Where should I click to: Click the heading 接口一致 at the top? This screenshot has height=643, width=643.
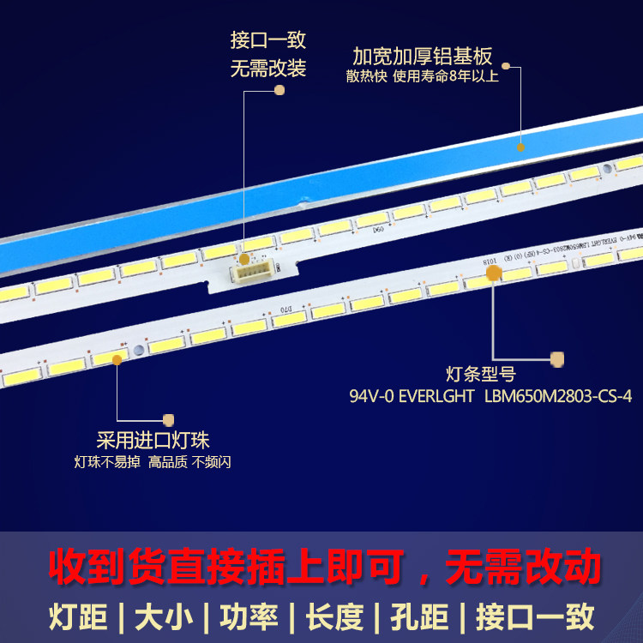point(267,40)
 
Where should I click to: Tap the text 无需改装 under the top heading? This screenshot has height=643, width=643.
point(267,69)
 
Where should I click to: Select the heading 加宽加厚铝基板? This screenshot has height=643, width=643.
point(423,57)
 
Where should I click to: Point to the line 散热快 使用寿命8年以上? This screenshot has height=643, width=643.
point(422,77)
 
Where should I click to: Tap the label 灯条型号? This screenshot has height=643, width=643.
point(481,375)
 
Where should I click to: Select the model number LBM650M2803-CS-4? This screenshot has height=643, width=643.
point(557,397)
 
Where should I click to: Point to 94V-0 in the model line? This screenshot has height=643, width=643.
point(370,397)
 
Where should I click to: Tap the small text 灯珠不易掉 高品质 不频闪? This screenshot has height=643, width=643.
point(153,462)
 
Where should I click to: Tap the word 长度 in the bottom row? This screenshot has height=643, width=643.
point(332,616)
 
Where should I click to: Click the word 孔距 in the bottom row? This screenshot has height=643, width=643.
point(418,616)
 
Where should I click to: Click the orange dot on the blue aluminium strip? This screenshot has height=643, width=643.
point(520,146)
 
